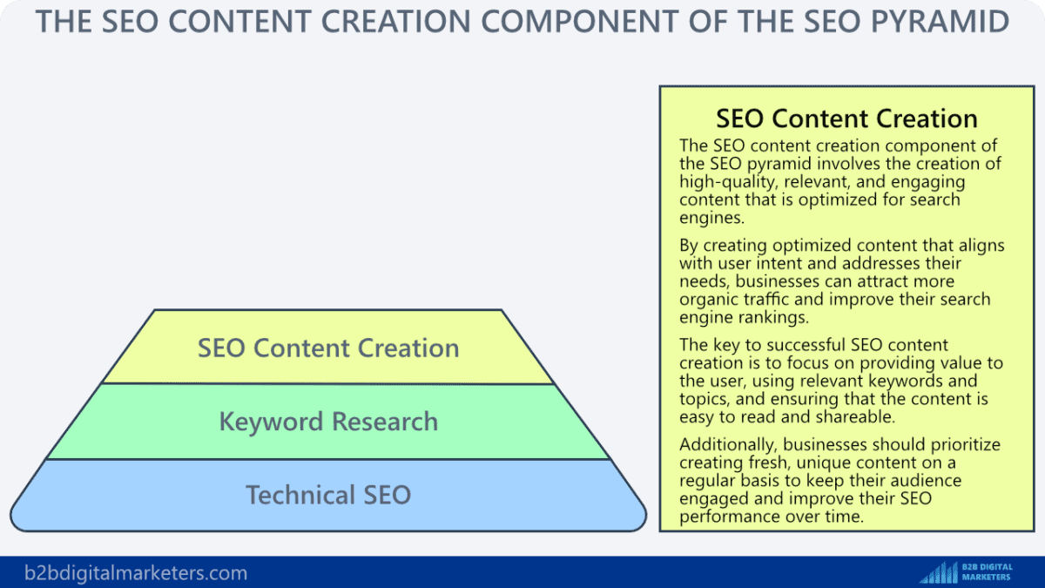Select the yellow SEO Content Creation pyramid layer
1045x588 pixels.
[328, 348]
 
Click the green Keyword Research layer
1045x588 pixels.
[328, 422]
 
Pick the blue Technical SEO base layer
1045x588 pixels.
[328, 495]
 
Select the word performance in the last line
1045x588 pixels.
[728, 517]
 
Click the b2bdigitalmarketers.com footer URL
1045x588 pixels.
[136, 573]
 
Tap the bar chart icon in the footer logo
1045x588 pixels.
[938, 572]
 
